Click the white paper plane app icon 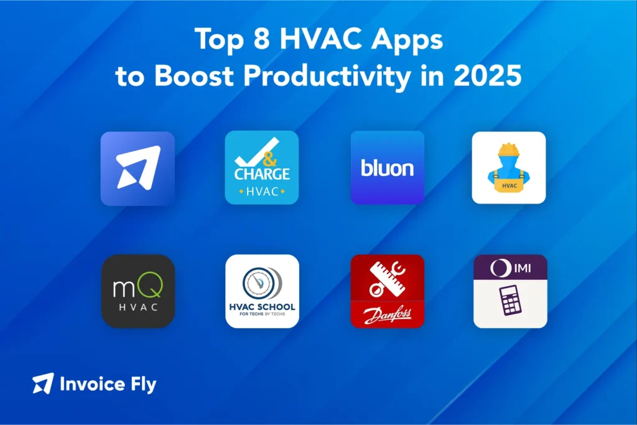(x=137, y=168)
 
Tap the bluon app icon (x=387, y=168)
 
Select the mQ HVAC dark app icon (x=137, y=291)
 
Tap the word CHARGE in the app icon (x=262, y=174)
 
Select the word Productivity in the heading (x=327, y=76)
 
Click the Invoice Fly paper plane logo (x=43, y=383)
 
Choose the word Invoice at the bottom (x=91, y=384)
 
